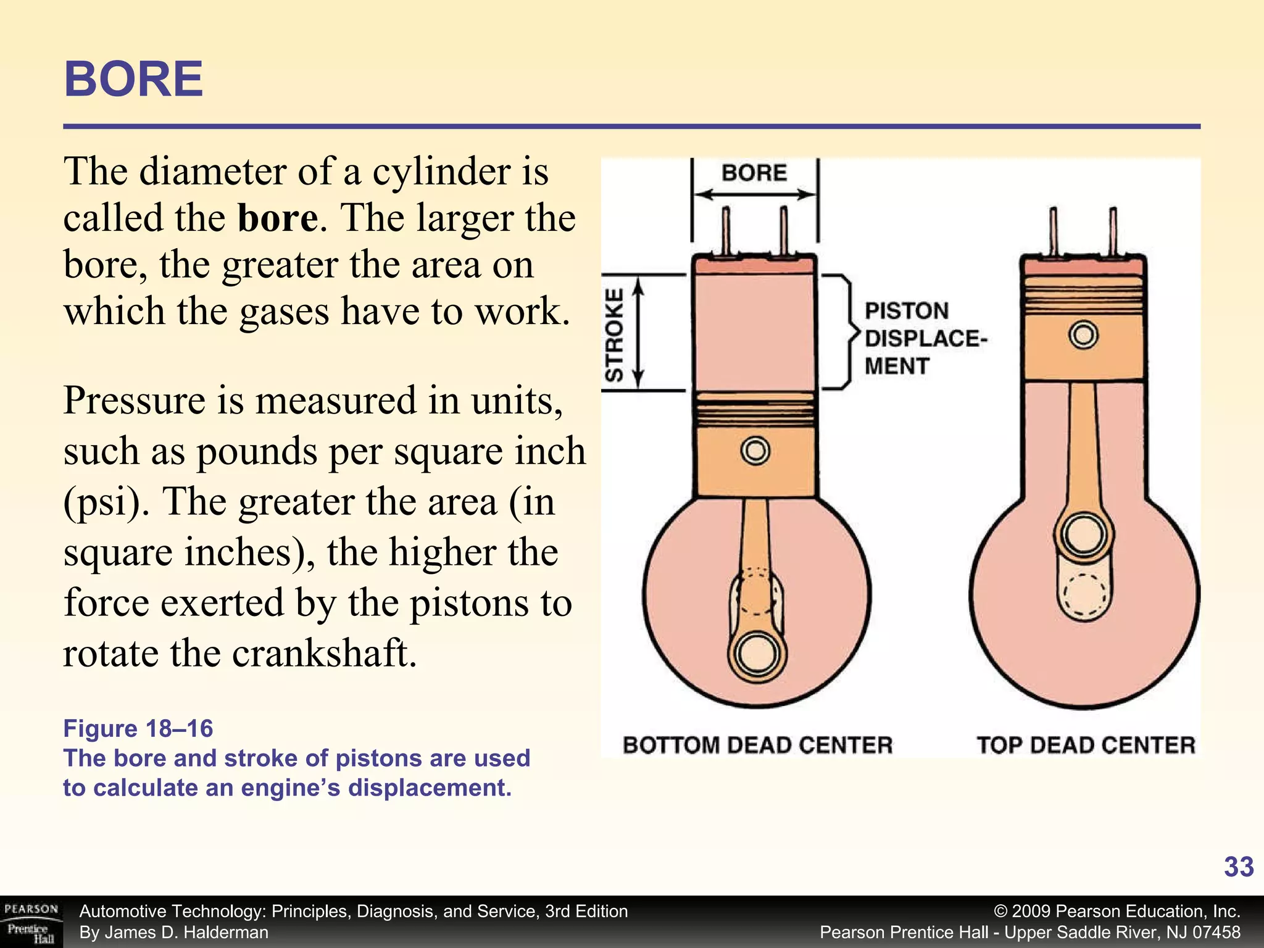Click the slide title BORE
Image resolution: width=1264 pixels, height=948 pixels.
(x=133, y=80)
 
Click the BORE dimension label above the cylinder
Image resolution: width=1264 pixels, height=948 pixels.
(x=754, y=173)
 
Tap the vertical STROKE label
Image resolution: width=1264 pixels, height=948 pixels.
(x=615, y=335)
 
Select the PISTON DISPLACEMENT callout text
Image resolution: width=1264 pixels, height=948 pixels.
(x=925, y=338)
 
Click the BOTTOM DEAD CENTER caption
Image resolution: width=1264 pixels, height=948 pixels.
(x=757, y=745)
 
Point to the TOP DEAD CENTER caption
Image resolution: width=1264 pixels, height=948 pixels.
(x=1086, y=745)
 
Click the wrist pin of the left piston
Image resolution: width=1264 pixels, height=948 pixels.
(x=755, y=451)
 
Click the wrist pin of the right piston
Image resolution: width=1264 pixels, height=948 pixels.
(x=1084, y=335)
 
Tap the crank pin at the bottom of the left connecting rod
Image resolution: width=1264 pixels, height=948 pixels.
(x=757, y=654)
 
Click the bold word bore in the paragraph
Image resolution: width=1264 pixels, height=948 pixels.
(x=278, y=218)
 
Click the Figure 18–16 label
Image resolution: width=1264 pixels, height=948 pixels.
(x=138, y=729)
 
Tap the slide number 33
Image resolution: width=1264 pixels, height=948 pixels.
(x=1238, y=867)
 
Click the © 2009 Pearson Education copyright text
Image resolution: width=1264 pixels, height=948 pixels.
(x=1117, y=912)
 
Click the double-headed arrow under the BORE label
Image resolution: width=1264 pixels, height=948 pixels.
(x=754, y=195)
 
